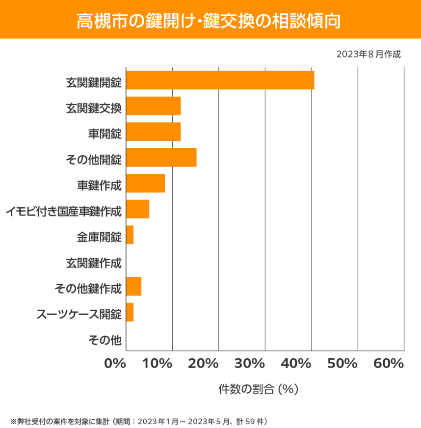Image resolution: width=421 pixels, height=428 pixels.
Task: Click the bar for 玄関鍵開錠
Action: [x=220, y=80]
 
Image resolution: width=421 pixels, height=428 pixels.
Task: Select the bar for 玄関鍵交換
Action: [x=153, y=106]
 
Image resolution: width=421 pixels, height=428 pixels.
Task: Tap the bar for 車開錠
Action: [x=153, y=132]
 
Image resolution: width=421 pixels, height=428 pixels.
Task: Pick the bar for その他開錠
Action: [x=161, y=158]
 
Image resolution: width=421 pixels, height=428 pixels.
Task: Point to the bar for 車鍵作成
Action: [x=145, y=184]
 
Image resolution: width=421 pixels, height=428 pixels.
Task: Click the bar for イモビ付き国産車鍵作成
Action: [x=137, y=209]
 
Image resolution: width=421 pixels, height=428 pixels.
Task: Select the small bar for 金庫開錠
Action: [x=130, y=235]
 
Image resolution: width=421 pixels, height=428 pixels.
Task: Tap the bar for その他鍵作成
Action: [x=133, y=287]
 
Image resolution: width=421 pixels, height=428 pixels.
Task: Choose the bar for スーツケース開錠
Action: [x=130, y=313]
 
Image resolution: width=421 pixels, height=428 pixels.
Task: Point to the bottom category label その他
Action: [x=105, y=339]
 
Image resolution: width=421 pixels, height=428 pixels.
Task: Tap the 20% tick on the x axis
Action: [x=203, y=364]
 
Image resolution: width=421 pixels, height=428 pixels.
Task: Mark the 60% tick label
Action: [x=388, y=364]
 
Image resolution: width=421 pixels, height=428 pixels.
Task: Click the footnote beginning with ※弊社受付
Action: [x=138, y=421]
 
